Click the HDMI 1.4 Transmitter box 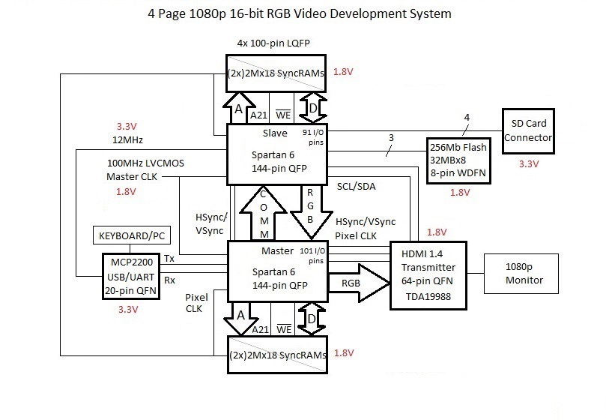point(428,275)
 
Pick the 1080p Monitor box point(523,274)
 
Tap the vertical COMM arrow point(262,212)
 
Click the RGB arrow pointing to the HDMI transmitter point(358,283)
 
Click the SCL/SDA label point(357,184)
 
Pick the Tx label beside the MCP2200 point(169,259)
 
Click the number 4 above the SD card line point(467,117)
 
